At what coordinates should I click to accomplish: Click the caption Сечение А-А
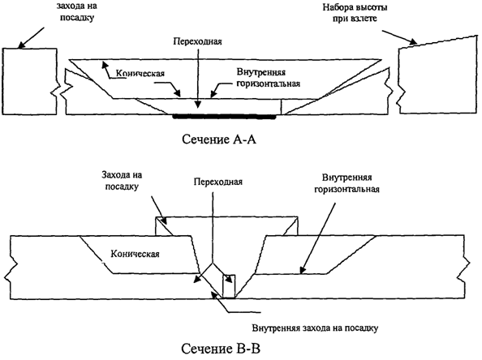click(219, 139)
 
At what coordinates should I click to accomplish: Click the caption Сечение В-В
click(221, 349)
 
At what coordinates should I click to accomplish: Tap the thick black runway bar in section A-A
click(225, 117)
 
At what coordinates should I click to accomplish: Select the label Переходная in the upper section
click(197, 41)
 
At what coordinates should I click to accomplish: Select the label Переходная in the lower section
click(218, 182)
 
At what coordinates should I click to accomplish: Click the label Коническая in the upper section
click(140, 73)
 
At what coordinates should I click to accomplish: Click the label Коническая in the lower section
click(136, 254)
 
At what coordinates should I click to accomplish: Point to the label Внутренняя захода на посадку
click(315, 328)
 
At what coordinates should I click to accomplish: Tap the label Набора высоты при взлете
click(355, 13)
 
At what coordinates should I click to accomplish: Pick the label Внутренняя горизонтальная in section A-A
click(268, 78)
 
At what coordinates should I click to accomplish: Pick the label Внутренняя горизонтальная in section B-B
click(346, 183)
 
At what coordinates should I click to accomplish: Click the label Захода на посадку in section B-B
click(122, 181)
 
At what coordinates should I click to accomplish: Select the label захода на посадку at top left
click(75, 11)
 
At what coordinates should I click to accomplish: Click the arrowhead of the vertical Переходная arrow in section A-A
click(199, 105)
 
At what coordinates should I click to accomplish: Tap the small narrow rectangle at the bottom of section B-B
click(229, 286)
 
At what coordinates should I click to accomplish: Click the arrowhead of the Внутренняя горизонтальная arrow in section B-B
click(303, 269)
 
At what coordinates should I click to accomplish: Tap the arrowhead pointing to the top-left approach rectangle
click(21, 45)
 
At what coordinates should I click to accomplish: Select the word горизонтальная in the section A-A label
click(268, 84)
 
